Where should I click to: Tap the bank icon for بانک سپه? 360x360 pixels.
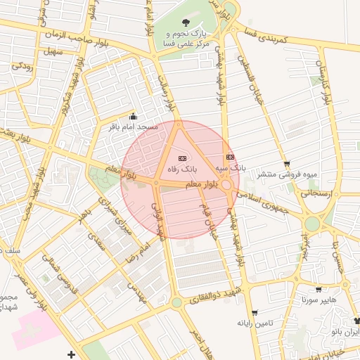click(x=230, y=157)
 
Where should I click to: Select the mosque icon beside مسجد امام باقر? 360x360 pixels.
click(x=134, y=117)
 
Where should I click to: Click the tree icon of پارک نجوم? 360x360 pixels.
click(x=186, y=23)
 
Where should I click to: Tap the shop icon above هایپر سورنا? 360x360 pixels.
click(x=319, y=289)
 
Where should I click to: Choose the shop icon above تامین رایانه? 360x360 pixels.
click(x=255, y=312)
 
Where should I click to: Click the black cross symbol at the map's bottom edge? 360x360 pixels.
click(x=70, y=353)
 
